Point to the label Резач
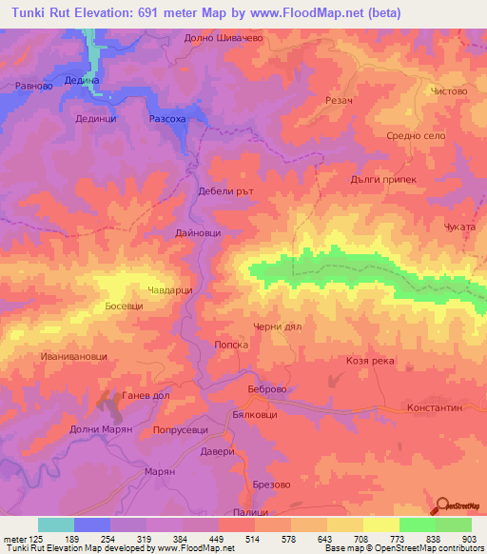point(340,100)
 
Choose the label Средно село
point(415,136)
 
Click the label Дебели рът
point(223,190)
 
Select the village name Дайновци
point(198,232)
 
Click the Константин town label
point(434,406)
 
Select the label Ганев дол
point(144,394)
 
